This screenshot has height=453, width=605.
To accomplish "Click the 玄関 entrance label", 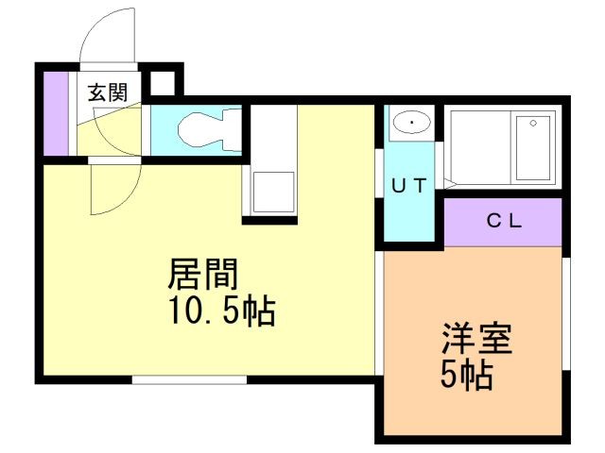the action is point(108,92).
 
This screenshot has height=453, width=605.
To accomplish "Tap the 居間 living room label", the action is point(202,275).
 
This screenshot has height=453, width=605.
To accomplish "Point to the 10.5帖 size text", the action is point(222,310).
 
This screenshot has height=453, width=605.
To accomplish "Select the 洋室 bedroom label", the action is point(476,339).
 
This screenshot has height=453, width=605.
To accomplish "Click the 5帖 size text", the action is point(467,375).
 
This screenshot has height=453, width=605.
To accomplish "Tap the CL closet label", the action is point(504,221).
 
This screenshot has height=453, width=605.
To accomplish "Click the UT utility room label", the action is point(409,186).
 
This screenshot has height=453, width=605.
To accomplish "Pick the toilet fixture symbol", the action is point(210,129).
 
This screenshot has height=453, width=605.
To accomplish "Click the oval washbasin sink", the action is point(412,123).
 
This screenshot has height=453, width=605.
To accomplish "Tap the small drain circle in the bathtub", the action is point(533,124).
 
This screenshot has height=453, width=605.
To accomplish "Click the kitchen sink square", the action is point(273,192).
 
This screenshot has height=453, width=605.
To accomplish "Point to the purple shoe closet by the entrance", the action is point(56,113).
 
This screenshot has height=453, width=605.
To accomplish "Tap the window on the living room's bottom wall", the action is point(189,379).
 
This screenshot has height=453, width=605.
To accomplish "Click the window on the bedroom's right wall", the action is point(566,314).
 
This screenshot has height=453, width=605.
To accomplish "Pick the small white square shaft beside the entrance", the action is point(162,83).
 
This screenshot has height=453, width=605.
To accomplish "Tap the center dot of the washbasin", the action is point(412,123).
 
